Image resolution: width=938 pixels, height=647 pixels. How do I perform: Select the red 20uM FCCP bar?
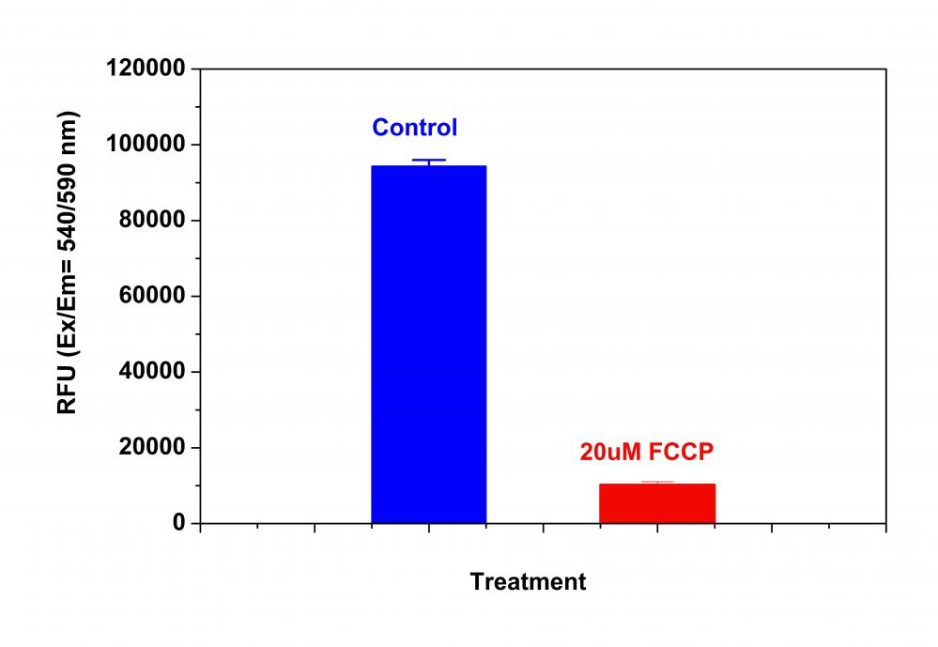tap(657, 503)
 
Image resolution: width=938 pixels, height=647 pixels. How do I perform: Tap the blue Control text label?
tap(414, 127)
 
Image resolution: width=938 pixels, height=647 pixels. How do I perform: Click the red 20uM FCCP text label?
tap(647, 451)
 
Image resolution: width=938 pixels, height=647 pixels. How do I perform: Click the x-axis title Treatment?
tap(528, 582)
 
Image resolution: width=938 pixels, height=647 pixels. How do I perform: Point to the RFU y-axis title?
tap(68, 263)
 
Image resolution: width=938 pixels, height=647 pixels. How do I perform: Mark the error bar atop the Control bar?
tap(429, 162)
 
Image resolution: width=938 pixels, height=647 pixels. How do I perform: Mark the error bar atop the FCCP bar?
tap(657, 483)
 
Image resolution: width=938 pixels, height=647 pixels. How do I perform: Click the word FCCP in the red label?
tap(678, 451)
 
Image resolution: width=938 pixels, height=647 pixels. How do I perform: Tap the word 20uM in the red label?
tap(608, 451)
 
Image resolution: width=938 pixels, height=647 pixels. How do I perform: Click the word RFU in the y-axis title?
tap(68, 391)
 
